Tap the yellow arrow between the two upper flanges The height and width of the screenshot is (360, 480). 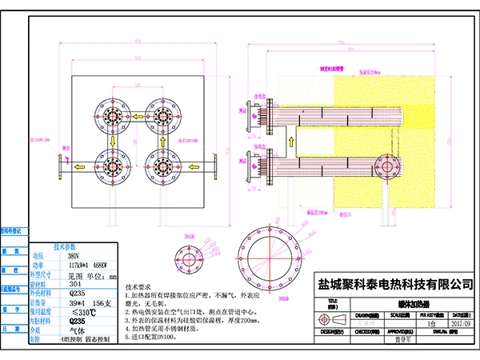coord(136,117)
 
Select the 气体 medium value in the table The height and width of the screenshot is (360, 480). coord(76,330)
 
